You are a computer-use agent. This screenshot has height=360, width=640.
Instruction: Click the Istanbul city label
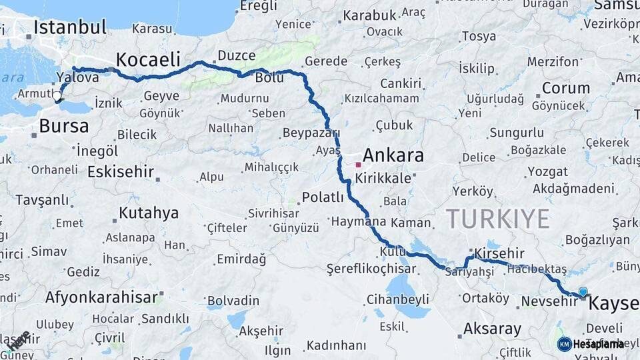(70, 27)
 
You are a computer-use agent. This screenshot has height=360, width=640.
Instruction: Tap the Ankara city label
(394, 156)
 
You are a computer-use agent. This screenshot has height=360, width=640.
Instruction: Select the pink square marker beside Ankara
(358, 164)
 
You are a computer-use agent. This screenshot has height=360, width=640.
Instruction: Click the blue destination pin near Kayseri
(583, 291)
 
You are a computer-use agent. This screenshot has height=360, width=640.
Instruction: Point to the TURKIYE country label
(497, 218)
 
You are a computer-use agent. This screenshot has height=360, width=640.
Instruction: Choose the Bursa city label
(64, 125)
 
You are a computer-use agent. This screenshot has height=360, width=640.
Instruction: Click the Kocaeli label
(149, 57)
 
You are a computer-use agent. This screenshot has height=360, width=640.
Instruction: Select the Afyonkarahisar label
(101, 297)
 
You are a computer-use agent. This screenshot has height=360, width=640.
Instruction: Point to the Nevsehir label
(549, 301)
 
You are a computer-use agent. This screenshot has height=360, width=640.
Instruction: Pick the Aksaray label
(492, 329)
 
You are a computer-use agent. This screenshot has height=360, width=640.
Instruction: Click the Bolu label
(269, 78)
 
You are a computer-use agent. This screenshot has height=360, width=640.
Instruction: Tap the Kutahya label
(149, 213)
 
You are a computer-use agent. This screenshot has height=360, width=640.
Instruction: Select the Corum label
(565, 88)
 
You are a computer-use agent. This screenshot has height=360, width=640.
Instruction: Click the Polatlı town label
(323, 197)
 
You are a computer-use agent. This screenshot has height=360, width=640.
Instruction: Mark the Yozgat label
(547, 171)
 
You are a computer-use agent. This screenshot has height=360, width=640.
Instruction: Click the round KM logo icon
(564, 344)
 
